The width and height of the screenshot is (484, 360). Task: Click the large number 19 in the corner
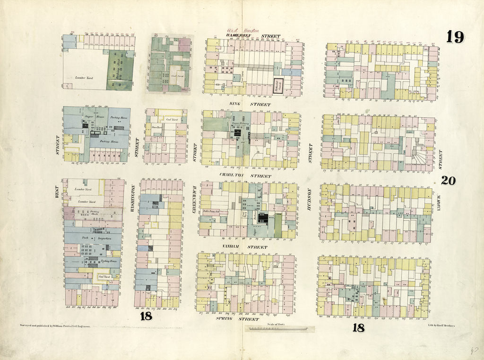click(x=455, y=37)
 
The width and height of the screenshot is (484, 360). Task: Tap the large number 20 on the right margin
click(x=449, y=180)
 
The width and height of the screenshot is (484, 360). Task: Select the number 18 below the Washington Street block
click(x=145, y=316)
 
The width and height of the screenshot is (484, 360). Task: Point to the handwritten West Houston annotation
click(x=243, y=30)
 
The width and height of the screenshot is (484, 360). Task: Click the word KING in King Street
click(x=236, y=104)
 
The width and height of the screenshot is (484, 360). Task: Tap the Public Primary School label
click(x=212, y=211)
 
